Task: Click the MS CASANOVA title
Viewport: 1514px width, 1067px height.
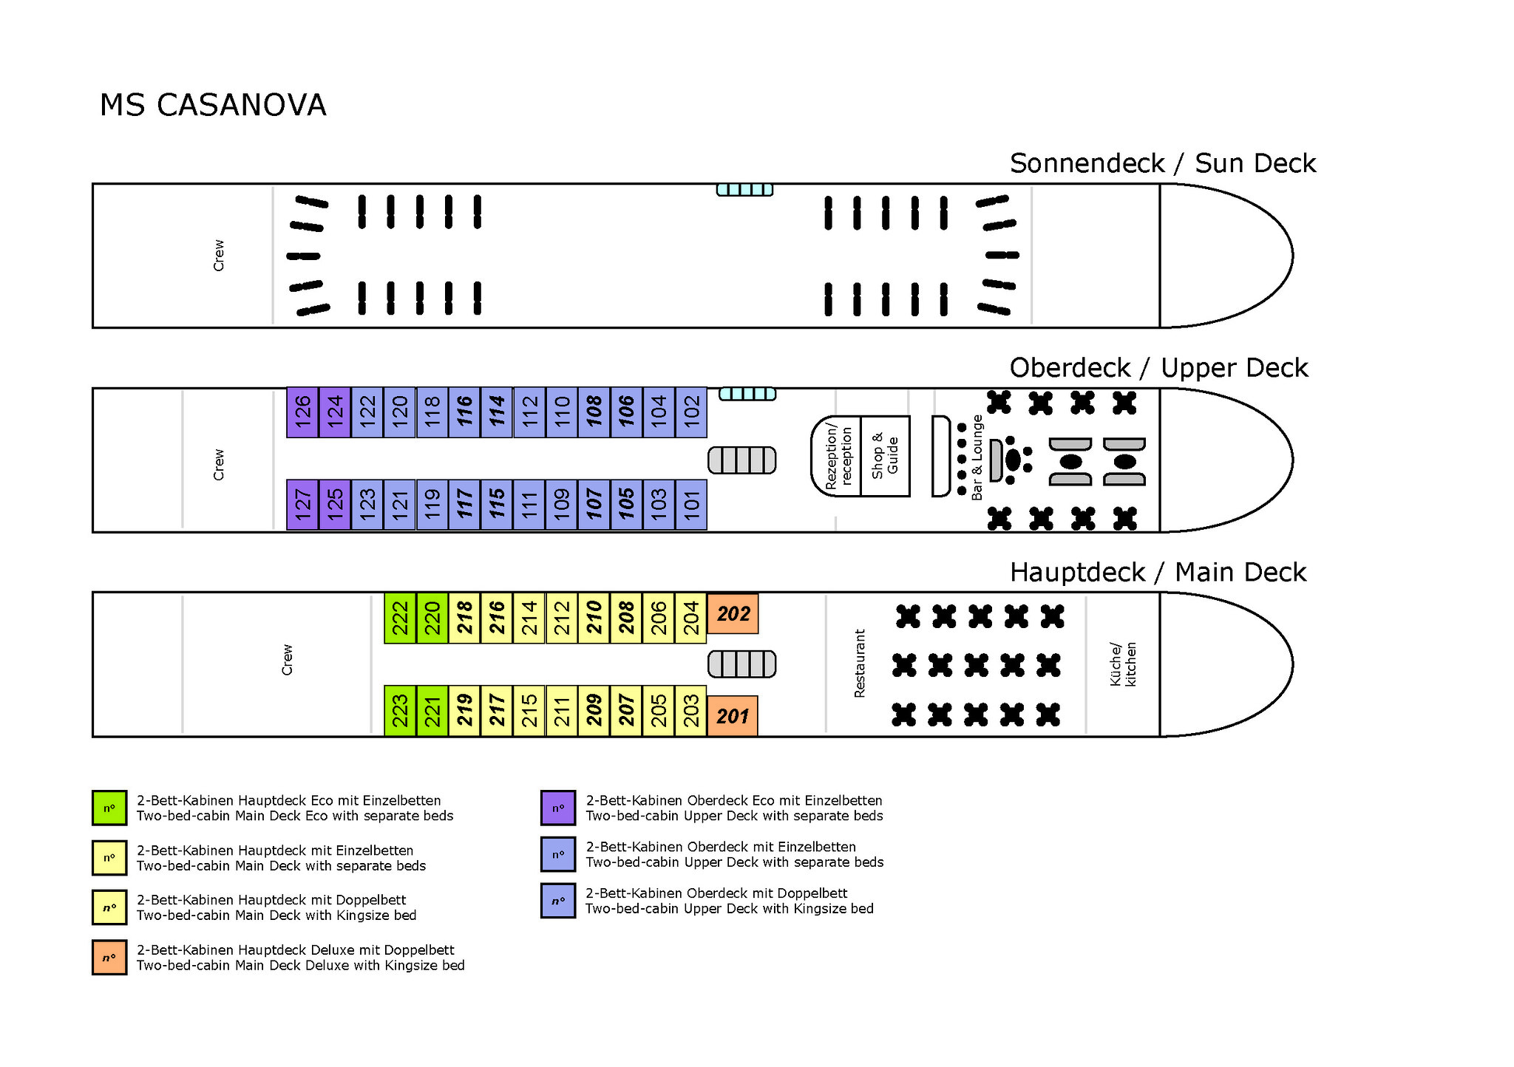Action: coord(213,105)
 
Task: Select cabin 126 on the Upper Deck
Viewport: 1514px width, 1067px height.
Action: coord(302,412)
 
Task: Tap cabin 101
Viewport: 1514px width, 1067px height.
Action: coord(691,505)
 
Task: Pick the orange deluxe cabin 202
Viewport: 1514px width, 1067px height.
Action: coord(733,613)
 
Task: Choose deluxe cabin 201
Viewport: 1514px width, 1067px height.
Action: coord(733,716)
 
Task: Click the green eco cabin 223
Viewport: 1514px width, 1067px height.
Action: coord(400,711)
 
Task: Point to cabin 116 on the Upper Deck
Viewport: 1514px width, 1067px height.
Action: coord(464,412)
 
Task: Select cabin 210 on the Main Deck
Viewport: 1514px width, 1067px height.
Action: coord(594,618)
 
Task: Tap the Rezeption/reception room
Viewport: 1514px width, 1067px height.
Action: coord(837,456)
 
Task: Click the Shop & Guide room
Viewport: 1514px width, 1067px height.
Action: coord(885,456)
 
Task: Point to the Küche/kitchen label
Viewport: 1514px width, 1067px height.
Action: coord(1123,664)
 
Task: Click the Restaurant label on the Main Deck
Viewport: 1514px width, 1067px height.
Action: coord(859,664)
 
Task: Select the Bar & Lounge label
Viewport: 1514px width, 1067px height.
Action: coord(977,457)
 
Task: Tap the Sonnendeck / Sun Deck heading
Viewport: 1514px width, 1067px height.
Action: coord(1163,163)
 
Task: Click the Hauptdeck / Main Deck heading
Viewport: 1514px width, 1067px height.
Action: coord(1158,573)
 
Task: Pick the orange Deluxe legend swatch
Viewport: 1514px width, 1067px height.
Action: coord(109,957)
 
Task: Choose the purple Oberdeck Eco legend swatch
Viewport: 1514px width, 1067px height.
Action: coord(558,808)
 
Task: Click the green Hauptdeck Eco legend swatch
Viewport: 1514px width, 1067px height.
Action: coord(109,808)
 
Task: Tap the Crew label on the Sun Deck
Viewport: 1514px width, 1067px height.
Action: coord(219,256)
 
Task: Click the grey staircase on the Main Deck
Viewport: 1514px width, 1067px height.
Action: coord(742,664)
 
